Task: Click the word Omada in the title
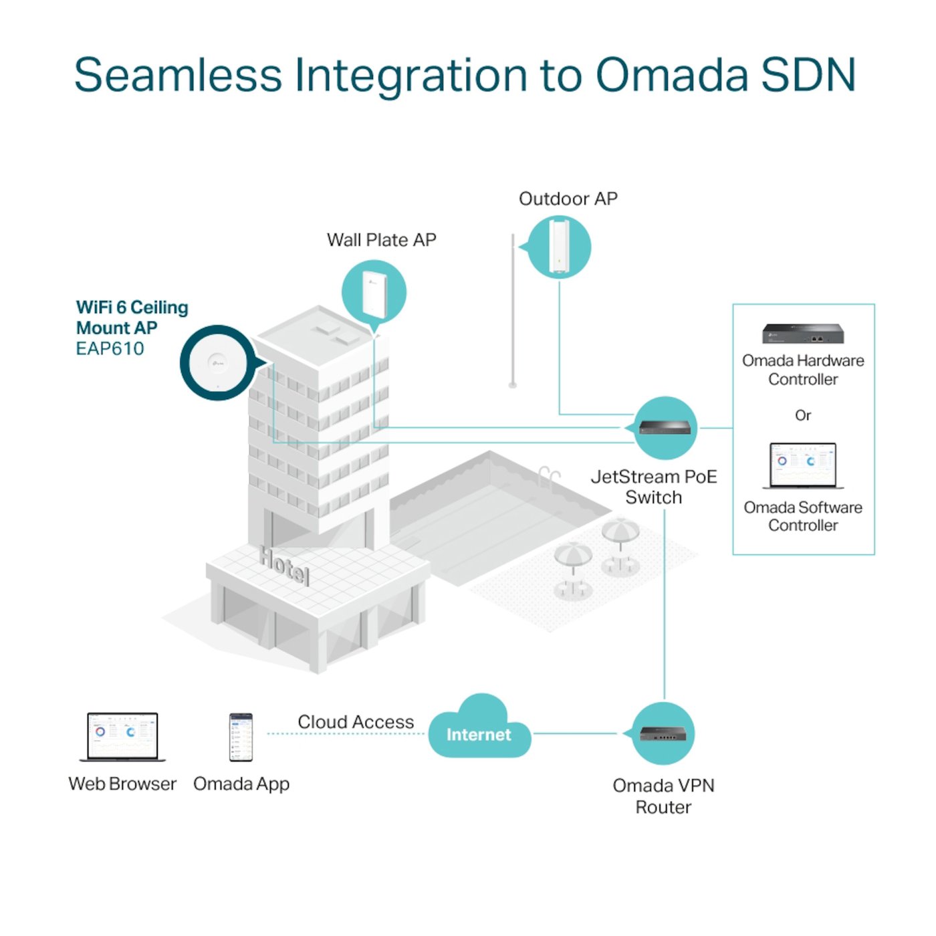point(671,75)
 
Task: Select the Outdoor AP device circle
point(559,247)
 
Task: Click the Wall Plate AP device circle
point(374,293)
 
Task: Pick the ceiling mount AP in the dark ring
point(217,363)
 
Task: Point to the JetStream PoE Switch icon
point(665,428)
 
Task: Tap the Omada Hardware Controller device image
point(802,334)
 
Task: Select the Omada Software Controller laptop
point(802,465)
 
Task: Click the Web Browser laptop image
point(122,736)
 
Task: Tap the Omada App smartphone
point(241,737)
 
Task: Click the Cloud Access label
point(356,722)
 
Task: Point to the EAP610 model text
point(110,349)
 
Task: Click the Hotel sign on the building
point(285,566)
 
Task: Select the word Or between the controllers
point(802,415)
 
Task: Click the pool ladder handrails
point(548,475)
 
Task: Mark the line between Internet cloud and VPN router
point(575,733)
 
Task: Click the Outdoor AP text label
point(568,199)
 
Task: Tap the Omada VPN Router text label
point(663,796)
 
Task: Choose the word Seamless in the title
point(178,75)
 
